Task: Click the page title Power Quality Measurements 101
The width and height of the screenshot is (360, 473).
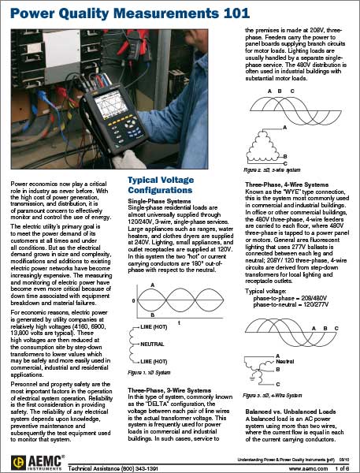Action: pyautogui.click(x=130, y=13)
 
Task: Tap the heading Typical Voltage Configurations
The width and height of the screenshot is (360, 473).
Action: pyautogui.click(x=161, y=185)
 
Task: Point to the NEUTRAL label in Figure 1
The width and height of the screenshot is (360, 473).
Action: pyautogui.click(x=152, y=344)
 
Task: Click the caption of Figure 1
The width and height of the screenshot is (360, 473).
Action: pyautogui.click(x=149, y=373)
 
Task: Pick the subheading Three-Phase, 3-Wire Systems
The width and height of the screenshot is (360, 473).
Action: pyautogui.click(x=169, y=390)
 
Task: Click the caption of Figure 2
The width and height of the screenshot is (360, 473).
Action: pyautogui.click(x=272, y=169)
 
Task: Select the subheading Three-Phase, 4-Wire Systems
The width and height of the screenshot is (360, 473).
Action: pyautogui.click(x=287, y=184)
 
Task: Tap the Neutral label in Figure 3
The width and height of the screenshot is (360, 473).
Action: pyautogui.click(x=284, y=361)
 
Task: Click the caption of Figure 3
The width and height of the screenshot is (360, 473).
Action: pyautogui.click(x=273, y=395)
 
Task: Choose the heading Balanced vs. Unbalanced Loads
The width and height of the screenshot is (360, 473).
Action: pyautogui.click(x=291, y=412)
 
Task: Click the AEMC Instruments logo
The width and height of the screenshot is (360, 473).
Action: pyautogui.click(x=38, y=463)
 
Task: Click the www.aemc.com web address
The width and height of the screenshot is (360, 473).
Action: pyautogui.click(x=308, y=468)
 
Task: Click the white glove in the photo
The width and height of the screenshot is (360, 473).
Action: pyautogui.click(x=128, y=159)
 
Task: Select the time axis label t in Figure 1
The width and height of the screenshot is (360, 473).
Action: pyautogui.click(x=179, y=322)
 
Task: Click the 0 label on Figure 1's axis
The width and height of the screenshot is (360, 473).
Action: pyautogui.click(x=134, y=301)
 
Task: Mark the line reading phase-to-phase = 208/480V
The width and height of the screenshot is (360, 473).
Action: pyautogui.click(x=290, y=298)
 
